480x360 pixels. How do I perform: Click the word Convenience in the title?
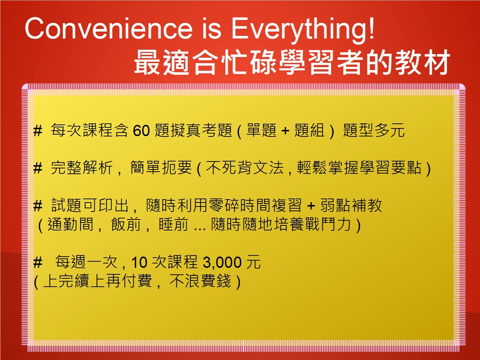point(109,29)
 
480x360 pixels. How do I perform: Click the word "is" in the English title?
point(212,29)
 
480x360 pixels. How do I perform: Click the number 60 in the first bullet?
point(141,131)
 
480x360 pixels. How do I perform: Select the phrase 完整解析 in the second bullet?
point(82,168)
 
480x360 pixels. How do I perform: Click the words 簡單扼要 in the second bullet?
point(161,168)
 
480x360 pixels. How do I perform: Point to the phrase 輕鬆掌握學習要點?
point(359,168)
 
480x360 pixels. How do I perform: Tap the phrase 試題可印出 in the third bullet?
point(90,205)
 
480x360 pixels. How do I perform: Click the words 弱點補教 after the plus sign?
point(351,205)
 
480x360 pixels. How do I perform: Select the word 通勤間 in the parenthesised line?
point(71,224)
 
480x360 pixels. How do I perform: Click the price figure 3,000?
point(222,262)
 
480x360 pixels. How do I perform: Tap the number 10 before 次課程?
point(139,262)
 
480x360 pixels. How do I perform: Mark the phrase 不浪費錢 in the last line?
point(200,281)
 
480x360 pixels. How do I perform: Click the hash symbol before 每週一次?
point(38,262)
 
